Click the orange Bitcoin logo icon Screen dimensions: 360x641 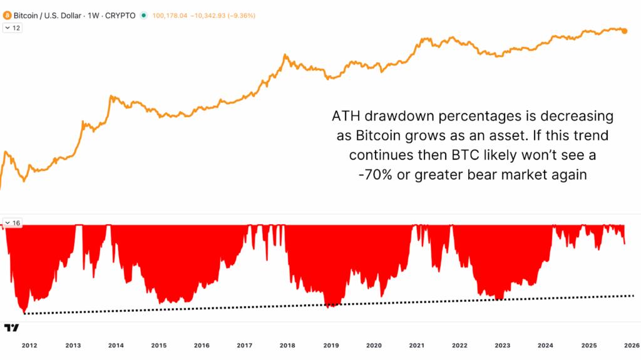7,15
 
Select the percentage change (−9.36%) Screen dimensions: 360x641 240,15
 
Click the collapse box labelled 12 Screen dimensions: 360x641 13,28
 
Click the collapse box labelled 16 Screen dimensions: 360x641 13,223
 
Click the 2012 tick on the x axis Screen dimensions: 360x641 29,346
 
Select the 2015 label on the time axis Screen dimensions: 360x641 159,346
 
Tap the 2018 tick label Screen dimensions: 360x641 287,346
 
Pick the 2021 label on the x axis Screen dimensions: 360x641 416,346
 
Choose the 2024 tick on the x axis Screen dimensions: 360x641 545,346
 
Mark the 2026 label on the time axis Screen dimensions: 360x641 630,346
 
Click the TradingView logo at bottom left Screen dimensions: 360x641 11,327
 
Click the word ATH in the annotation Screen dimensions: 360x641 346,116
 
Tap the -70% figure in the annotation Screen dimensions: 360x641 376,175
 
